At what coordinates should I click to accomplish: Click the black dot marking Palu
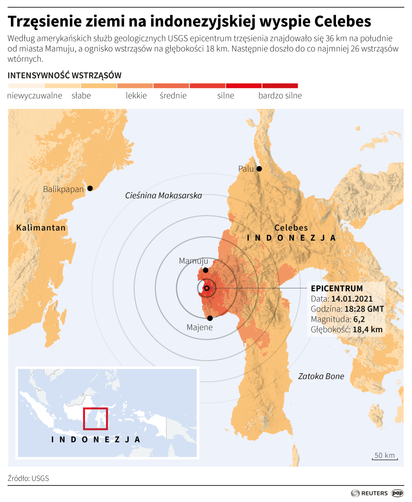pos(259,169)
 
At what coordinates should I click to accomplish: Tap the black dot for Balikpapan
pos(90,188)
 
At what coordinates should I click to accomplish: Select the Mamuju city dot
pos(205,270)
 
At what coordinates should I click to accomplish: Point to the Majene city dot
pos(210,318)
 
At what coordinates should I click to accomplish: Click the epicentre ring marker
pos(207,288)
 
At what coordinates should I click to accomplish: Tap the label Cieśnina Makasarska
pos(163,196)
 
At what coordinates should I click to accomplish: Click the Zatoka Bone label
pos(321,376)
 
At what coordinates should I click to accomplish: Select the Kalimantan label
pos(41,228)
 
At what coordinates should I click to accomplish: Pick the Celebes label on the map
pos(291,228)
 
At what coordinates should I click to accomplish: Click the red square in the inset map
pos(95,419)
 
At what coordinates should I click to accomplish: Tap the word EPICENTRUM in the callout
pos(337,288)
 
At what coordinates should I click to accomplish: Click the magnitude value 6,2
pos(359,319)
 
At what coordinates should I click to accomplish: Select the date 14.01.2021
pos(352,299)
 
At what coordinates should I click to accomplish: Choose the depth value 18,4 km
pos(367,330)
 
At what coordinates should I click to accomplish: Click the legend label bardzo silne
pos(280,96)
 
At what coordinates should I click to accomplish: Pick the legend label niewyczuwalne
pos(35,96)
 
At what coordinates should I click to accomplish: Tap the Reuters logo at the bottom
pos(369,493)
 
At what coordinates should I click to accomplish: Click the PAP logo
pos(398,493)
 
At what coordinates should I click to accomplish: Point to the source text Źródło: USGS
pos(28,478)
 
